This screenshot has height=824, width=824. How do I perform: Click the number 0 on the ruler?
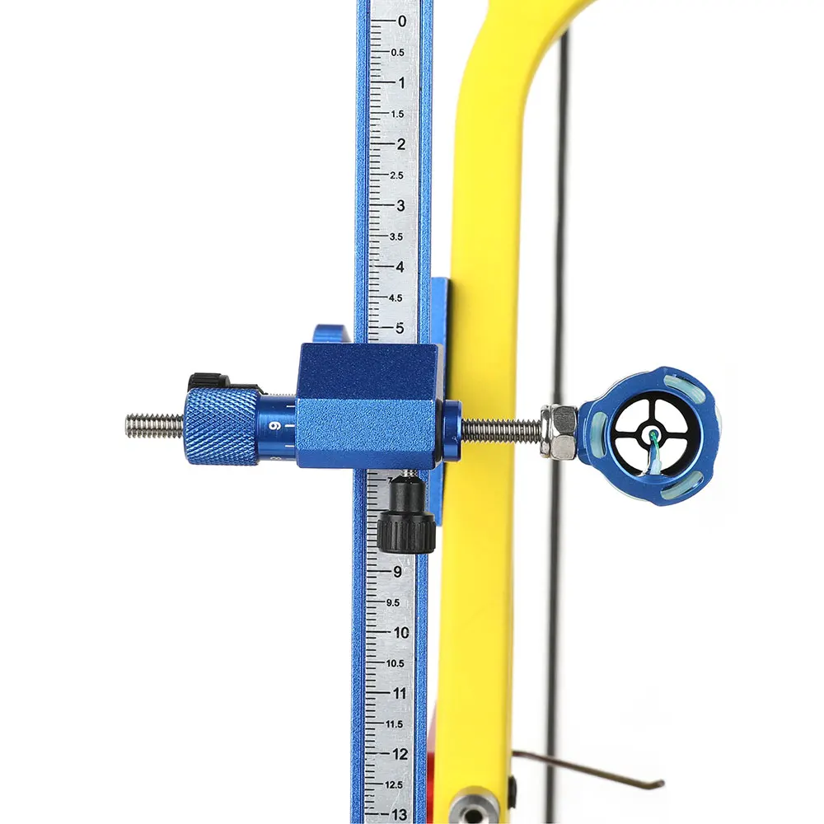click(x=402, y=21)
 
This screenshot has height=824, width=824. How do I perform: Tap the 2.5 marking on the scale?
click(x=397, y=176)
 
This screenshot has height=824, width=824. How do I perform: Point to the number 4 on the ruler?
click(x=400, y=267)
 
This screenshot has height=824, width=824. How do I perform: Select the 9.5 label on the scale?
click(x=393, y=603)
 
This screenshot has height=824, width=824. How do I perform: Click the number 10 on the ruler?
click(x=401, y=633)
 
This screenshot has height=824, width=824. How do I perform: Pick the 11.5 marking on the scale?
click(x=394, y=724)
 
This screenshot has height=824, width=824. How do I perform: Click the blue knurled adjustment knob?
click(x=222, y=426)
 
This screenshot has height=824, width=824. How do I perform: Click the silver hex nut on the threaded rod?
click(x=559, y=431)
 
